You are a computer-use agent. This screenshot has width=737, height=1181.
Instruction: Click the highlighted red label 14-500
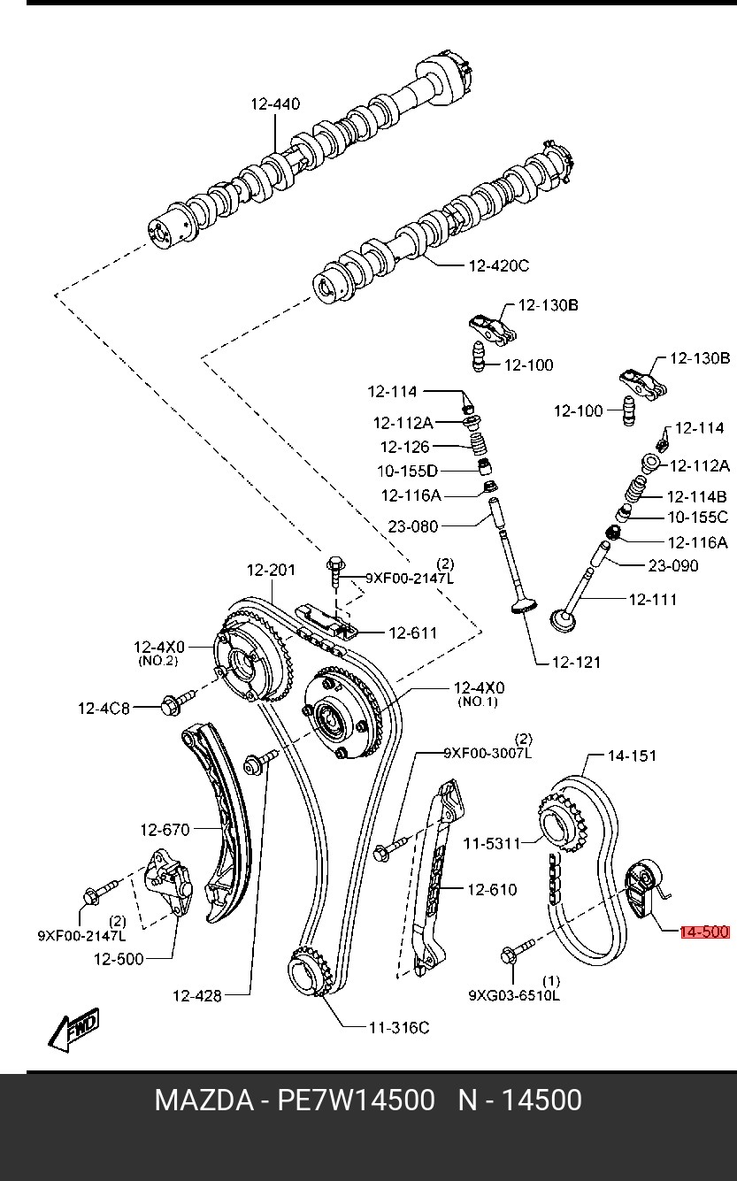(x=704, y=932)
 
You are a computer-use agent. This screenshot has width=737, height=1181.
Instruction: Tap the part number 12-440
(x=275, y=104)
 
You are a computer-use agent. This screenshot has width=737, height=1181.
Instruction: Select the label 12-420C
(x=498, y=265)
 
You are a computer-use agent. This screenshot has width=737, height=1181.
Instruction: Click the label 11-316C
(x=398, y=1027)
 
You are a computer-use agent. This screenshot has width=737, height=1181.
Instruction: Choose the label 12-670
(x=165, y=830)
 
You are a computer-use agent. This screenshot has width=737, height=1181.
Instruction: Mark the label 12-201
(x=271, y=571)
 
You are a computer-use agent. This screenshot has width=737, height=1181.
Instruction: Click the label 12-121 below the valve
(x=576, y=662)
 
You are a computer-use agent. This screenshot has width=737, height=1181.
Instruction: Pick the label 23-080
(x=412, y=526)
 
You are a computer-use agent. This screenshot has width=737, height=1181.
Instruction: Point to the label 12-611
(x=412, y=633)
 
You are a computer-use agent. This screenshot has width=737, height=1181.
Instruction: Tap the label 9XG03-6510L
(x=514, y=995)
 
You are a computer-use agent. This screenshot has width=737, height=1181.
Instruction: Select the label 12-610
(x=492, y=889)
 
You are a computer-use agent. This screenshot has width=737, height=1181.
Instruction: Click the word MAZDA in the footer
(x=203, y=1100)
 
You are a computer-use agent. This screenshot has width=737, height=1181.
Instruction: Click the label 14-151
(x=632, y=755)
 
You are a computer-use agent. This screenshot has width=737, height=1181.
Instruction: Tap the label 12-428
(x=196, y=995)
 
